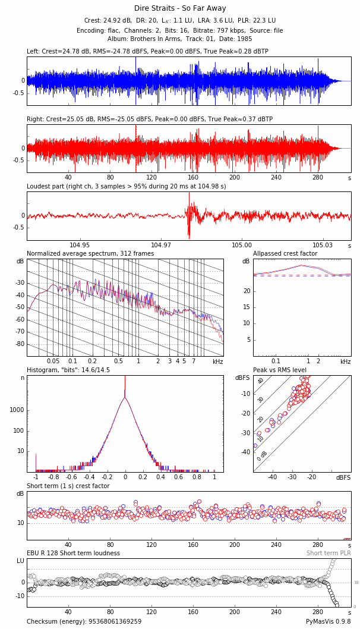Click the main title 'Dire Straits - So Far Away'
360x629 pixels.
179,8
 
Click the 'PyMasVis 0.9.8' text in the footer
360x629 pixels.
328,621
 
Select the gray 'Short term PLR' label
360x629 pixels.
329,553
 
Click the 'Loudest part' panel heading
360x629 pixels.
126,186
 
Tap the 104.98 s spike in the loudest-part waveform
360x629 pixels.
190,231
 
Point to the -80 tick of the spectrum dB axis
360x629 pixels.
20,344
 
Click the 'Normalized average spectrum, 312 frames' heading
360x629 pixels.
90,254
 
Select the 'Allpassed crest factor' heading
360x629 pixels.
285,254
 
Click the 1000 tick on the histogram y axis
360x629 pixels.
17,410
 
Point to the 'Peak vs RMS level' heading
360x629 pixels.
280,370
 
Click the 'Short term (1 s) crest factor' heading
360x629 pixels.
68,486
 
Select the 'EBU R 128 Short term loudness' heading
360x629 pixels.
73,553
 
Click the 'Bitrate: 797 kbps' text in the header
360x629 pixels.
210,30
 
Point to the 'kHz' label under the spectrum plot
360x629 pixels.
217,361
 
